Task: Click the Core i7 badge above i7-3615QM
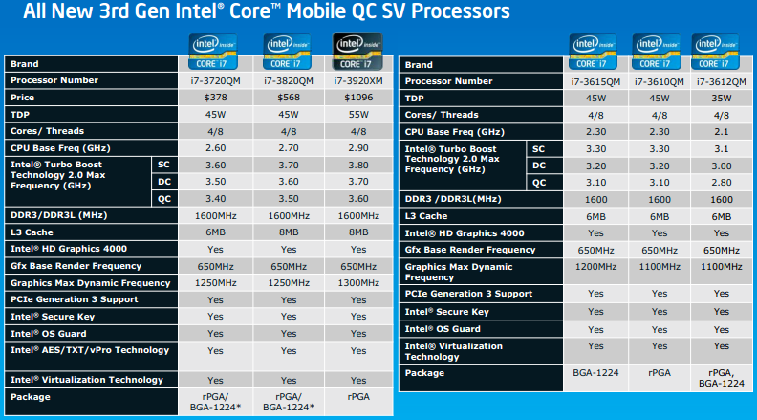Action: click(595, 47)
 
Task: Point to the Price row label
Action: click(22, 98)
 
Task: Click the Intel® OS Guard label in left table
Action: click(48, 333)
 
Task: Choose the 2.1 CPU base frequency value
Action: click(721, 131)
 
